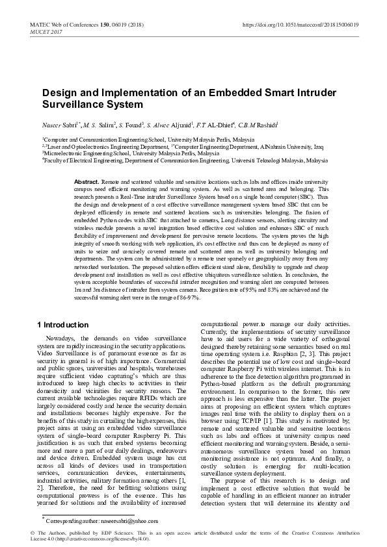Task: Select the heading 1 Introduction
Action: click(63, 325)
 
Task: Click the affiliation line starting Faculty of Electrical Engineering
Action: click(185, 159)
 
